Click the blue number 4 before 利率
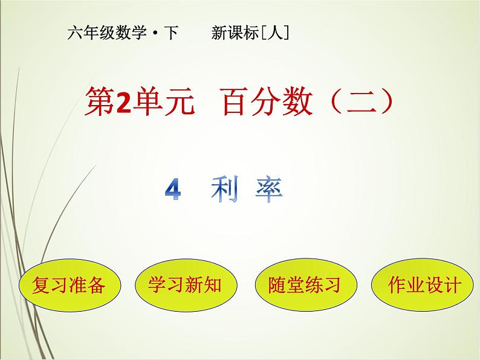(x=173, y=191)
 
